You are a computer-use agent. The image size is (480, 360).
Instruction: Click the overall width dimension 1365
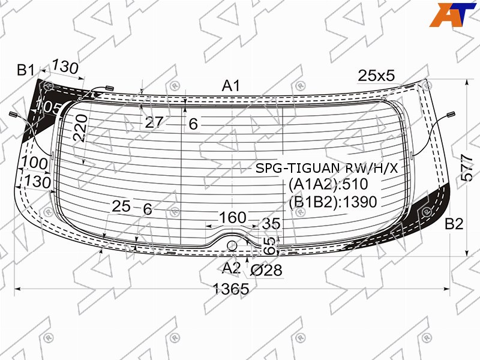point(231,289)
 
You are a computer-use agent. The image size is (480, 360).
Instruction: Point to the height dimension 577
point(466,168)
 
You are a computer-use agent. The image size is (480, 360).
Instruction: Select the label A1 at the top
point(231,85)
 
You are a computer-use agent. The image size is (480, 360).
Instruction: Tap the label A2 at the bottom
point(231,268)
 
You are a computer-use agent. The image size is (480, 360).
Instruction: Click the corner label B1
point(26,70)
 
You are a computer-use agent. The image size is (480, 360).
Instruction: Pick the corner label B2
point(454,224)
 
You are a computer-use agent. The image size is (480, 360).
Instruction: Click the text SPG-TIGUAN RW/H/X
point(326,168)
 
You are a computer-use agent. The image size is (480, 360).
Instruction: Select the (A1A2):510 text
point(328,184)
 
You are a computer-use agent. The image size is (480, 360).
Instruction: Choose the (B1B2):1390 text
point(333,202)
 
